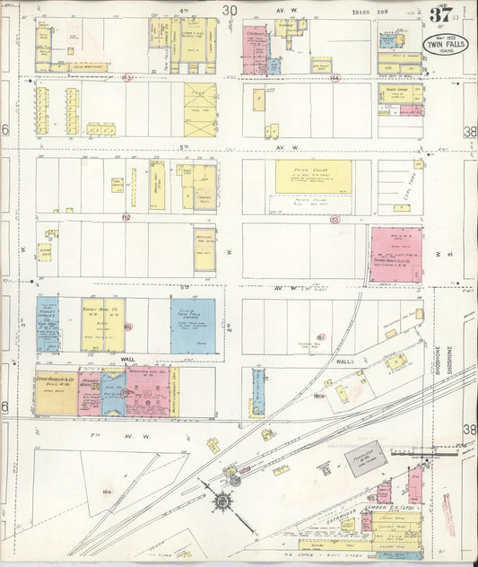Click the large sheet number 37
point(439,14)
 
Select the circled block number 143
point(128,78)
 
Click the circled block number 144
point(335,78)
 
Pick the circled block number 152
point(126,217)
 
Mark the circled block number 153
point(335,217)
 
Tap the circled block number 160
point(128,327)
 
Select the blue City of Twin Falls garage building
point(193,325)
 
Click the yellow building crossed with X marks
point(200,109)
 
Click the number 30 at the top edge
point(230,10)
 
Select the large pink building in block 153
point(395,254)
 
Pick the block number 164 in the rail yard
point(105,491)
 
